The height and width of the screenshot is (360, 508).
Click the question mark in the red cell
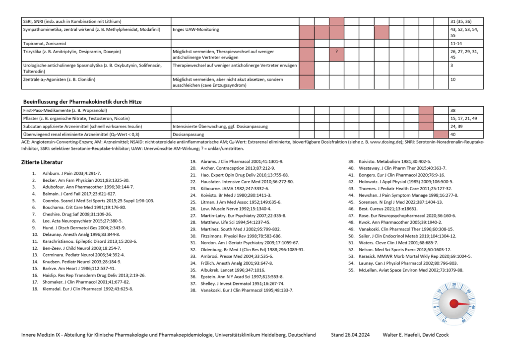click(336, 52)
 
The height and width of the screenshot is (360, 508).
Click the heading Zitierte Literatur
click(42, 162)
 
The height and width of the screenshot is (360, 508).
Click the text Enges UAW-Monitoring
click(195, 30)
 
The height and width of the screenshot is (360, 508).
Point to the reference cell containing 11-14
click(456, 44)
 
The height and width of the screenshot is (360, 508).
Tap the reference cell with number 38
click(453, 110)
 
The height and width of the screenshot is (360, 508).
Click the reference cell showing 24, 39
click(456, 126)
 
